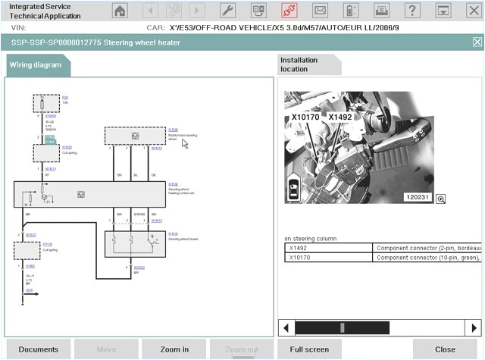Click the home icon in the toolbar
click(x=120, y=11)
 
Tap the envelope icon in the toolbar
click(x=320, y=11)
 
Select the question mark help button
click(x=411, y=11)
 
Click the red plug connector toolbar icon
click(x=288, y=11)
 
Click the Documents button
click(x=38, y=349)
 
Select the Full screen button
click(x=308, y=349)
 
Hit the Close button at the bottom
click(x=444, y=349)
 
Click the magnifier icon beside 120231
click(x=440, y=199)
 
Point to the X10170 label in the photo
click(x=305, y=118)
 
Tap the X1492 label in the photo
click(x=340, y=117)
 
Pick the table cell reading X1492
click(x=329, y=248)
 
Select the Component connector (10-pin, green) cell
click(x=428, y=258)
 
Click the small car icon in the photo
click(x=294, y=190)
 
